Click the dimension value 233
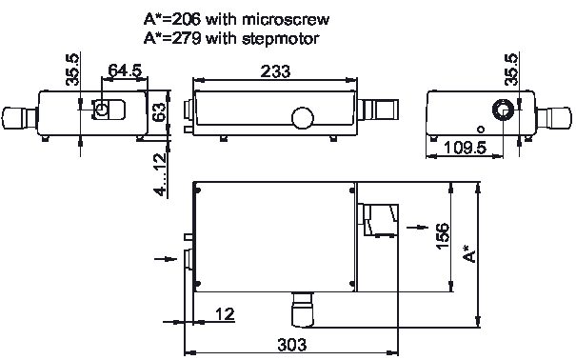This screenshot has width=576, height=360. (275, 71)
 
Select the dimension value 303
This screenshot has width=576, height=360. (291, 345)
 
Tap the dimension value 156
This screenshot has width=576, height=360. (443, 236)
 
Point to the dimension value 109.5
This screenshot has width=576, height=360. (465, 148)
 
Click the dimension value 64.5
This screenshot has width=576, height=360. (125, 70)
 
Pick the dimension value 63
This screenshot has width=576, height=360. (159, 112)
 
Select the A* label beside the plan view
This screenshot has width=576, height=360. (469, 253)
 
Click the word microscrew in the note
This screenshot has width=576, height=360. (286, 19)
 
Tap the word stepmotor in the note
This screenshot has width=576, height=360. (280, 38)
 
